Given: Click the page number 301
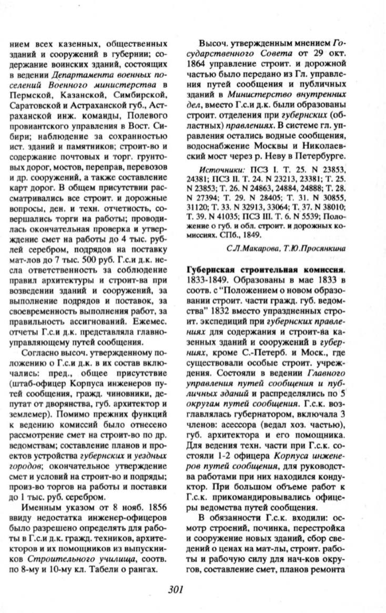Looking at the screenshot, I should pyautogui.click(x=175, y=589).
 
